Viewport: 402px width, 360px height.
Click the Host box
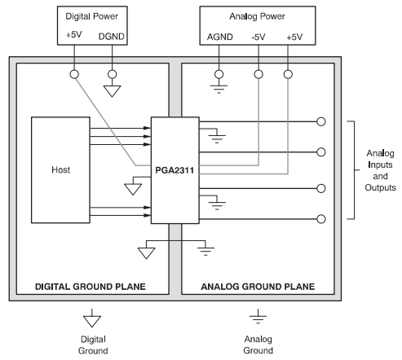60,170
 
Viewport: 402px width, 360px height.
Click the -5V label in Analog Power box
258,37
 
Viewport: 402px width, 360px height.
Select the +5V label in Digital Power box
75,37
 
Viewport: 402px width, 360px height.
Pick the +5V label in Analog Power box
288,37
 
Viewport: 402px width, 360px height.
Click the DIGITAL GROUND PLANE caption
94,287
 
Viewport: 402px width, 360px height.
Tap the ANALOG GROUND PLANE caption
258,287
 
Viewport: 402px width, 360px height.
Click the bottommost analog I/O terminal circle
321,218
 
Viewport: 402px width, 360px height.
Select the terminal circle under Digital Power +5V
75,73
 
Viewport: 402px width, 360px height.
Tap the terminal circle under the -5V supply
258,73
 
